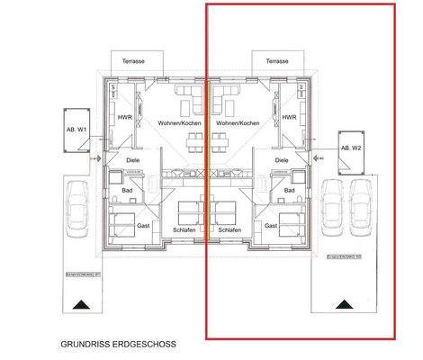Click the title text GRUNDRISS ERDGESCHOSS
119,343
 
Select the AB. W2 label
351,147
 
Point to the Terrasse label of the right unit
277,61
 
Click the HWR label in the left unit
123,117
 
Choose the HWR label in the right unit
289,117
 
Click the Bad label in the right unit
289,190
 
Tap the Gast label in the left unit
142,225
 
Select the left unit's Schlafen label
184,230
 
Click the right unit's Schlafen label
230,230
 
